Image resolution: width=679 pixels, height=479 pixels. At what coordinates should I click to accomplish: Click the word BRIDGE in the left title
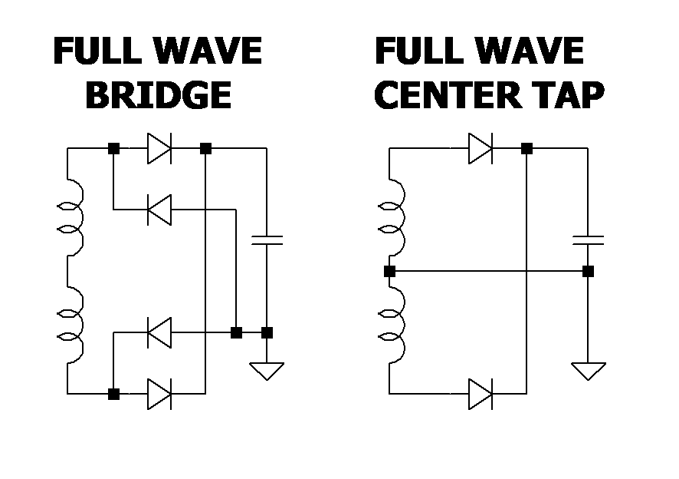pos(158,96)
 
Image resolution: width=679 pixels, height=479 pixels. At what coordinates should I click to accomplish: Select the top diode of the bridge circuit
pos(159,148)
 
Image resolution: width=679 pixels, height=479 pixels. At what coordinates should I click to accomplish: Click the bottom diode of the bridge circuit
pos(159,394)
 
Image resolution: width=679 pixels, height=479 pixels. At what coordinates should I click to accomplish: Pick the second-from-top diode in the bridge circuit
pos(159,209)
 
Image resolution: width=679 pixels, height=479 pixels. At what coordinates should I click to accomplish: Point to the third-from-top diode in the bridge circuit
pos(159,332)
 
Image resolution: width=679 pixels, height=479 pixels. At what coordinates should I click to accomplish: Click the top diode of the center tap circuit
pos(481,148)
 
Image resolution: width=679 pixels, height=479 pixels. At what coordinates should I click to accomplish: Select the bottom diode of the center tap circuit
pos(481,394)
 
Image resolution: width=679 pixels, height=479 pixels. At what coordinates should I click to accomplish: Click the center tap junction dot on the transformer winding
pos(389,271)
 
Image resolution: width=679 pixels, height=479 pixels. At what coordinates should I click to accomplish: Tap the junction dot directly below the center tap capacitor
pos(588,271)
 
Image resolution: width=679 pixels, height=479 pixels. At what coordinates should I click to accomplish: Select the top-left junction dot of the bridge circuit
pos(113,148)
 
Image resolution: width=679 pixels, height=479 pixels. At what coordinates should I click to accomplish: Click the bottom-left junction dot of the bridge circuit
pos(113,394)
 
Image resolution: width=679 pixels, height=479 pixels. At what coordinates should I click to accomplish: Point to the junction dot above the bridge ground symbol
pos(267,332)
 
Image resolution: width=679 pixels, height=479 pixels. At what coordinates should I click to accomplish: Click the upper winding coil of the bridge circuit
pos(72,219)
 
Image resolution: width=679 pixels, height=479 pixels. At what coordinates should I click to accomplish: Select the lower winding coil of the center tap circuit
pos(394,326)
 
